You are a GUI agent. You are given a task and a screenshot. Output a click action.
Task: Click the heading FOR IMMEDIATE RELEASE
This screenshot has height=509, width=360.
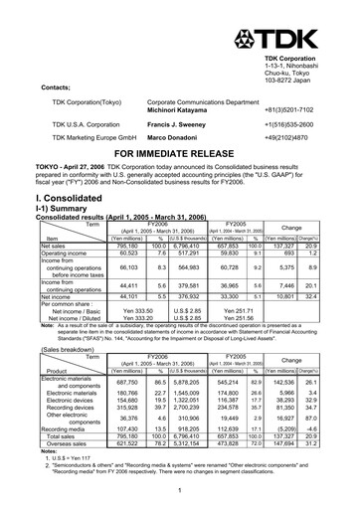pos(180,155)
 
